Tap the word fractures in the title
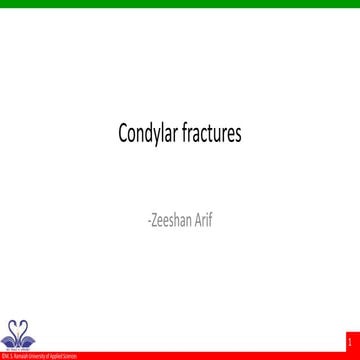(x=208, y=132)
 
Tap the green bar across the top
(x=180, y=3)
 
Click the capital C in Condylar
(x=122, y=132)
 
